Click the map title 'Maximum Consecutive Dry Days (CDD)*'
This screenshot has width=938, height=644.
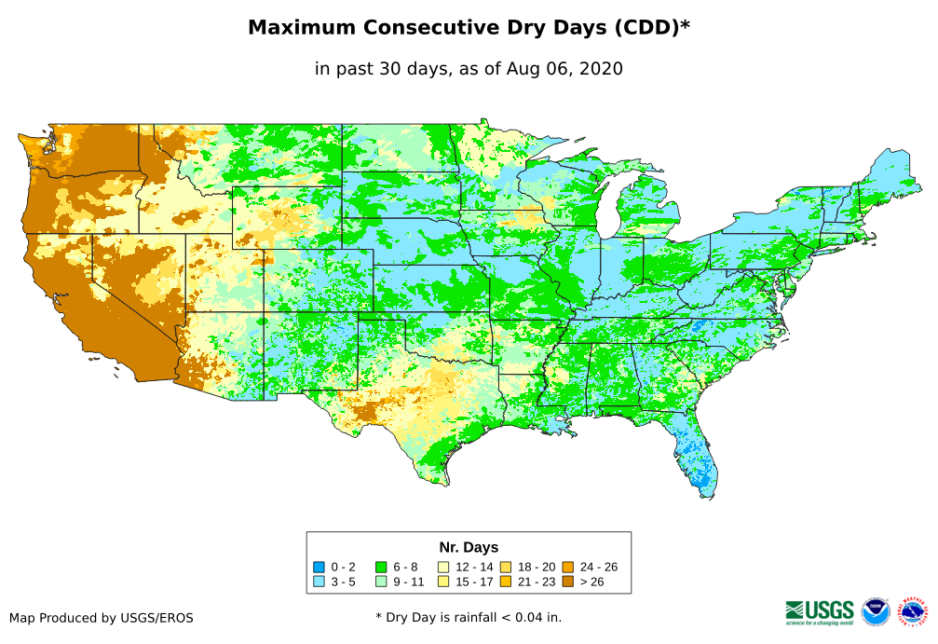pyautogui.click(x=469, y=28)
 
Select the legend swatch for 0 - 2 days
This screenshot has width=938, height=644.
pyautogui.click(x=319, y=567)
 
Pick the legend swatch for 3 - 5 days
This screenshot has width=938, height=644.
pyautogui.click(x=319, y=581)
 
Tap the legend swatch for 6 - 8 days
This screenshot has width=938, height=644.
pyautogui.click(x=381, y=567)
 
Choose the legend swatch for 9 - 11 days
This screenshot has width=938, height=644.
pyautogui.click(x=381, y=581)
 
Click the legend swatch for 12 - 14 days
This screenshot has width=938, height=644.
pyautogui.click(x=443, y=567)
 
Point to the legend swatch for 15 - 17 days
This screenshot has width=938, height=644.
pyautogui.click(x=443, y=581)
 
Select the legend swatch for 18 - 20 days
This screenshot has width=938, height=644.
pyautogui.click(x=506, y=567)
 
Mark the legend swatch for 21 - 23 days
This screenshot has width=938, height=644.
pyautogui.click(x=506, y=581)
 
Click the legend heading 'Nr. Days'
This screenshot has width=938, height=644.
pyautogui.click(x=469, y=547)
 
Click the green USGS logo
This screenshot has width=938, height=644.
pyautogui.click(x=820, y=611)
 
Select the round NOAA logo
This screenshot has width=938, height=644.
pyautogui.click(x=876, y=611)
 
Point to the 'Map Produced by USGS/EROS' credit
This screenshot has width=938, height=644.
pyautogui.click(x=102, y=618)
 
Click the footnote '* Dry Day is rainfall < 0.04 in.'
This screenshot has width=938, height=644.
pyautogui.click(x=469, y=618)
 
